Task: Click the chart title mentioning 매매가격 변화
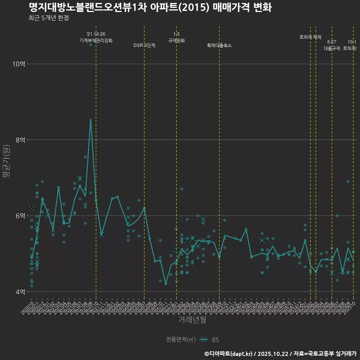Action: coord(150,7)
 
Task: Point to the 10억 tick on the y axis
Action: coord(18,64)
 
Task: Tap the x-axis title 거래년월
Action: coord(192,320)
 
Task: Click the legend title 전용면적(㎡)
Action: coord(181,340)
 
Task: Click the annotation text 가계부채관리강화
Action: coord(96,40)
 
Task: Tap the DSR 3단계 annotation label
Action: coord(144,45)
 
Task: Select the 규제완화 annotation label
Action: coord(176,40)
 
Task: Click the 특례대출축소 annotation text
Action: coord(219,45)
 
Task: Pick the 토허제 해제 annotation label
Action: coord(310,37)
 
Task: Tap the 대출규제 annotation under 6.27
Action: coord(332,48)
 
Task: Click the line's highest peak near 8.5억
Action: coord(90,119)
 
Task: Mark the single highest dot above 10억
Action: coord(90,45)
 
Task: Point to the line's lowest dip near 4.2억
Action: coord(166,284)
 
